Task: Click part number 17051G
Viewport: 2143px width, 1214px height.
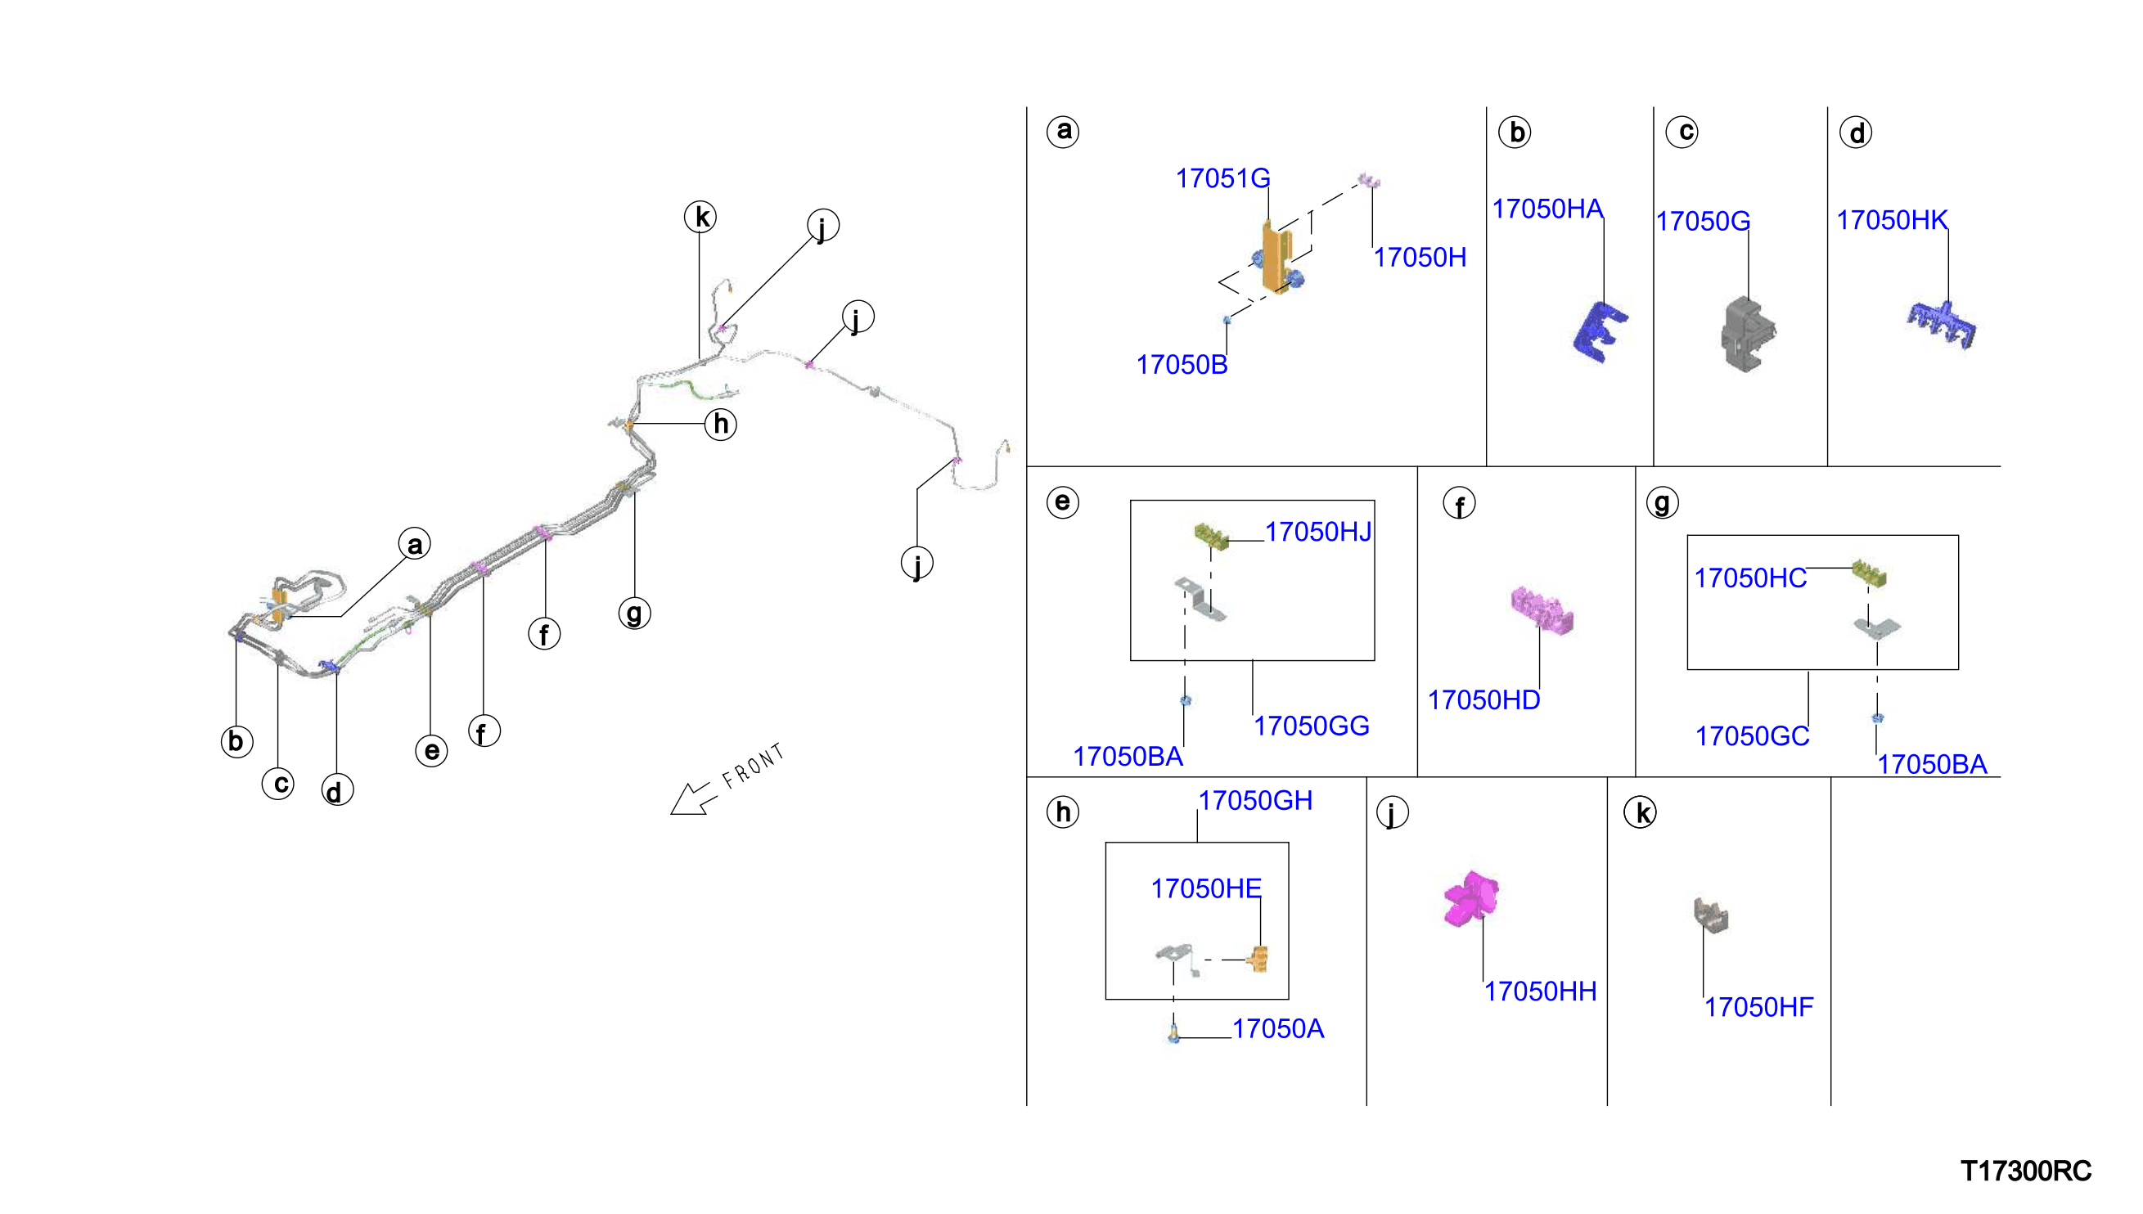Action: point(1222,178)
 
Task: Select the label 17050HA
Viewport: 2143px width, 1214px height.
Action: point(1546,209)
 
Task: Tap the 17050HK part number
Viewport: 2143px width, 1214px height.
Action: point(1892,220)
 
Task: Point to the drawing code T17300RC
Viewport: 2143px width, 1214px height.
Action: point(2025,1171)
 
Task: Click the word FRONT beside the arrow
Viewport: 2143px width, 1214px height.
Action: point(753,767)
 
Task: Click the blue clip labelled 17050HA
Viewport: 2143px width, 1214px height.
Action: point(1600,332)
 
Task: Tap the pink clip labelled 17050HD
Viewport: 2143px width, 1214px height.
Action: point(1542,609)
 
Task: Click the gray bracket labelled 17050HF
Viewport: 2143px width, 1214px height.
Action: point(1710,915)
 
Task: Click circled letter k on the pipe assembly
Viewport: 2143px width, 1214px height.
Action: point(700,217)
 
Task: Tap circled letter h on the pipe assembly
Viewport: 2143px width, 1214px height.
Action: point(720,425)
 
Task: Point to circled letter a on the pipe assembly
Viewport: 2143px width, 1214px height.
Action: point(414,545)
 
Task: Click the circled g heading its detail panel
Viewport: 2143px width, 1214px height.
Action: point(1662,503)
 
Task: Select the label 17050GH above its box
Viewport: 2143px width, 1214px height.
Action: point(1255,801)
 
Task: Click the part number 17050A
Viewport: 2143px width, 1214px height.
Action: point(1277,1030)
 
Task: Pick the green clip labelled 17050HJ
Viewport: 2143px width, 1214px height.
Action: point(1212,534)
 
